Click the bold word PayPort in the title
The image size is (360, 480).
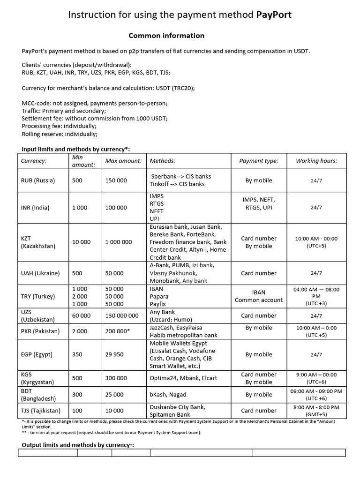[x=274, y=15]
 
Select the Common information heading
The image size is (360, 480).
[x=166, y=35]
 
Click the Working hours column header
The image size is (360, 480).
[x=316, y=161]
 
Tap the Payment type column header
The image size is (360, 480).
[x=258, y=161]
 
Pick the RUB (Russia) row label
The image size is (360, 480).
[x=38, y=180]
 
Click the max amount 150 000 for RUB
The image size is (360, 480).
[x=116, y=180]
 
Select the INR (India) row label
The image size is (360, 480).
[x=35, y=208]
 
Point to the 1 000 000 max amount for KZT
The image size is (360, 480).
[x=119, y=242]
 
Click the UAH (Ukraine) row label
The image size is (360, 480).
[x=39, y=273]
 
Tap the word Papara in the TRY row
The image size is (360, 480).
[x=159, y=296]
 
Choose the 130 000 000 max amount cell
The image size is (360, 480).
[x=122, y=315]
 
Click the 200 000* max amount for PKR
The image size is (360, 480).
[x=118, y=331]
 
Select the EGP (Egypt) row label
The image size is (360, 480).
[x=37, y=354]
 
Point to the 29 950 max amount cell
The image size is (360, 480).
[x=114, y=354]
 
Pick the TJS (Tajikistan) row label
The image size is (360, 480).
[x=41, y=411]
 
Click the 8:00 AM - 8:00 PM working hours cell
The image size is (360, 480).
[x=316, y=411]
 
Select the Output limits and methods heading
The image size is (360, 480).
[x=78, y=445]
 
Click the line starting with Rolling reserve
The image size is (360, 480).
[x=60, y=134]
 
